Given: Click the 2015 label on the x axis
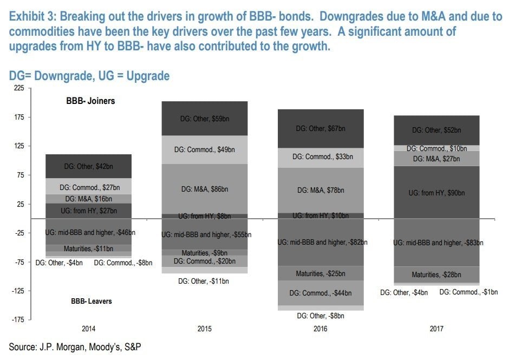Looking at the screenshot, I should click(x=205, y=328).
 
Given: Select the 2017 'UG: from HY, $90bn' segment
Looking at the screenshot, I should click(x=436, y=192).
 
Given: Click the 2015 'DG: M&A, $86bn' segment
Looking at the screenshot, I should click(x=205, y=189).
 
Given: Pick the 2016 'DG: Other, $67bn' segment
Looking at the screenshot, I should click(x=321, y=128).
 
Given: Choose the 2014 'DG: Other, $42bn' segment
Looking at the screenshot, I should click(x=88, y=167).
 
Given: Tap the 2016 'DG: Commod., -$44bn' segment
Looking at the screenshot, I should click(x=321, y=293).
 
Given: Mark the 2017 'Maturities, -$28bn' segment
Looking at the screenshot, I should click(x=436, y=274).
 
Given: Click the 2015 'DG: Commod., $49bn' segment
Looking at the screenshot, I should click(x=205, y=149).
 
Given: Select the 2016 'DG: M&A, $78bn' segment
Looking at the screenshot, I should click(x=321, y=190).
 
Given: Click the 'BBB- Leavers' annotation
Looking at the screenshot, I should click(x=91, y=301).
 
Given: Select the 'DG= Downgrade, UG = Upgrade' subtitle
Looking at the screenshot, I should click(x=89, y=76).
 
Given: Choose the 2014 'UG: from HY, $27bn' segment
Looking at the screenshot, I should click(x=88, y=211).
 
